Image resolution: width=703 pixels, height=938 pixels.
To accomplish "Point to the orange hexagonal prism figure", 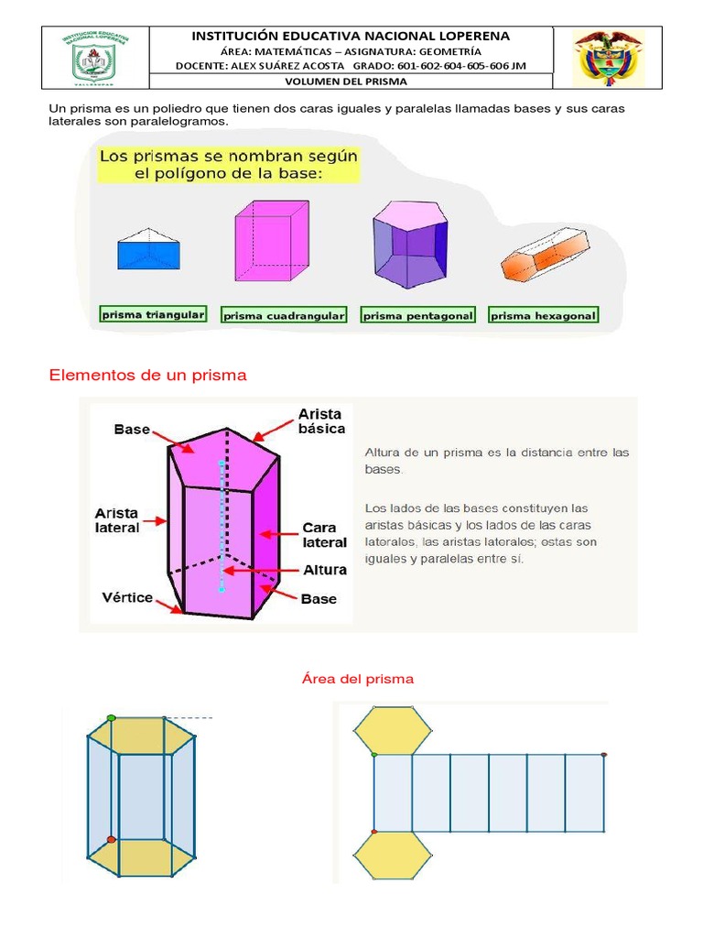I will point(544,253).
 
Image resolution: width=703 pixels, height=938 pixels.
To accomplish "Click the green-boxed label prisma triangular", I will point(153,314).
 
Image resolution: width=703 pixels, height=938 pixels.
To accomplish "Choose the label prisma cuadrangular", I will point(285,315).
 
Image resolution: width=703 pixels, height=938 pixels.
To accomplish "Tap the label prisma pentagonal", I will point(418,315).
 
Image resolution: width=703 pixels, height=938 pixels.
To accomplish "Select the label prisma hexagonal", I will point(544,315).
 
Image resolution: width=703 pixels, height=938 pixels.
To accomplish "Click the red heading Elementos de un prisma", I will point(147,376).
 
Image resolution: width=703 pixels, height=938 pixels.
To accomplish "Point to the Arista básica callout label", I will point(321,421).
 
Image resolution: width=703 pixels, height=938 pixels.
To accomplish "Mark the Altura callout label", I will point(325,570).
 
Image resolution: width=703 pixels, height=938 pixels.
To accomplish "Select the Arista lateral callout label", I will point(117,520).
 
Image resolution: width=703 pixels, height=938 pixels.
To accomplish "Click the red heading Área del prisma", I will point(358,679).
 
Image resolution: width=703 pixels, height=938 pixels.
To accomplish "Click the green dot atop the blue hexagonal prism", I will point(111,718).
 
